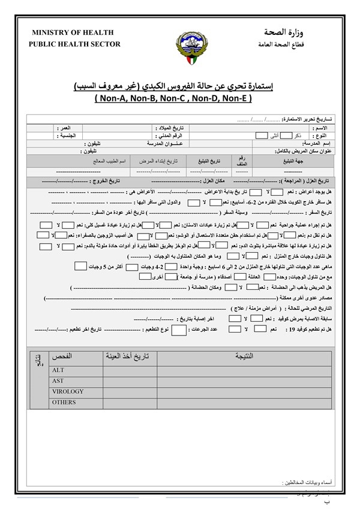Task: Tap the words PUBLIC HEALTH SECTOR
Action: (74, 44)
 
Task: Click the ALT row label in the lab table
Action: (58, 370)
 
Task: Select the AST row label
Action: (58, 381)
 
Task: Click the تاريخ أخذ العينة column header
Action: (127, 357)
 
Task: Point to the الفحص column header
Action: (62, 357)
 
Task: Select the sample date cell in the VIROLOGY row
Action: (127, 391)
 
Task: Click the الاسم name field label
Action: (320, 128)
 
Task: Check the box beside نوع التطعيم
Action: (179, 330)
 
